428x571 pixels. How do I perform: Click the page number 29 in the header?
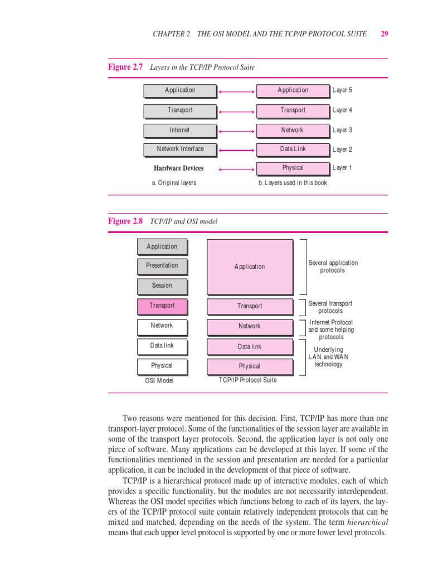tap(385, 33)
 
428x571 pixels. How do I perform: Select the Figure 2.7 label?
tap(125, 67)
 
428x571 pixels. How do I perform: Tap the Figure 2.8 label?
tap(125, 221)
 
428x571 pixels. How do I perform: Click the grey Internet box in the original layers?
tap(179, 130)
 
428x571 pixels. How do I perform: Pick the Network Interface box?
tap(179, 149)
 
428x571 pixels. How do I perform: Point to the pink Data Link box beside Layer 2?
tap(293, 149)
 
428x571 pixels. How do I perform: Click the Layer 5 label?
tap(342, 90)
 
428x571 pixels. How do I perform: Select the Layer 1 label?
tap(342, 168)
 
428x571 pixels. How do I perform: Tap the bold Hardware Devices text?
tap(179, 168)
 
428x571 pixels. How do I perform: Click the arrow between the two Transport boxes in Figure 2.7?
tap(236, 110)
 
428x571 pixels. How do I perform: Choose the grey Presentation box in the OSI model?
tap(162, 266)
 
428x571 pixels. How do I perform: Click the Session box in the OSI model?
tap(162, 285)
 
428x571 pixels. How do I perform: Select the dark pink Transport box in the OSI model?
tap(162, 306)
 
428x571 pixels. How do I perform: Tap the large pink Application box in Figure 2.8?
tap(250, 267)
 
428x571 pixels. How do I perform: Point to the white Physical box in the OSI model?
tap(162, 366)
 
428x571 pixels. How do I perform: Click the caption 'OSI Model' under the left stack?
tap(159, 381)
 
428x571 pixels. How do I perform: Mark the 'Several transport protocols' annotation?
tap(330, 307)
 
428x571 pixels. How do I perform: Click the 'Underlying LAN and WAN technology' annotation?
tap(329, 357)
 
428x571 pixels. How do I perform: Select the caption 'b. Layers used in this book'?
tap(293, 183)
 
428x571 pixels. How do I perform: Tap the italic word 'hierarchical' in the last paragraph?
tap(368, 522)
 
